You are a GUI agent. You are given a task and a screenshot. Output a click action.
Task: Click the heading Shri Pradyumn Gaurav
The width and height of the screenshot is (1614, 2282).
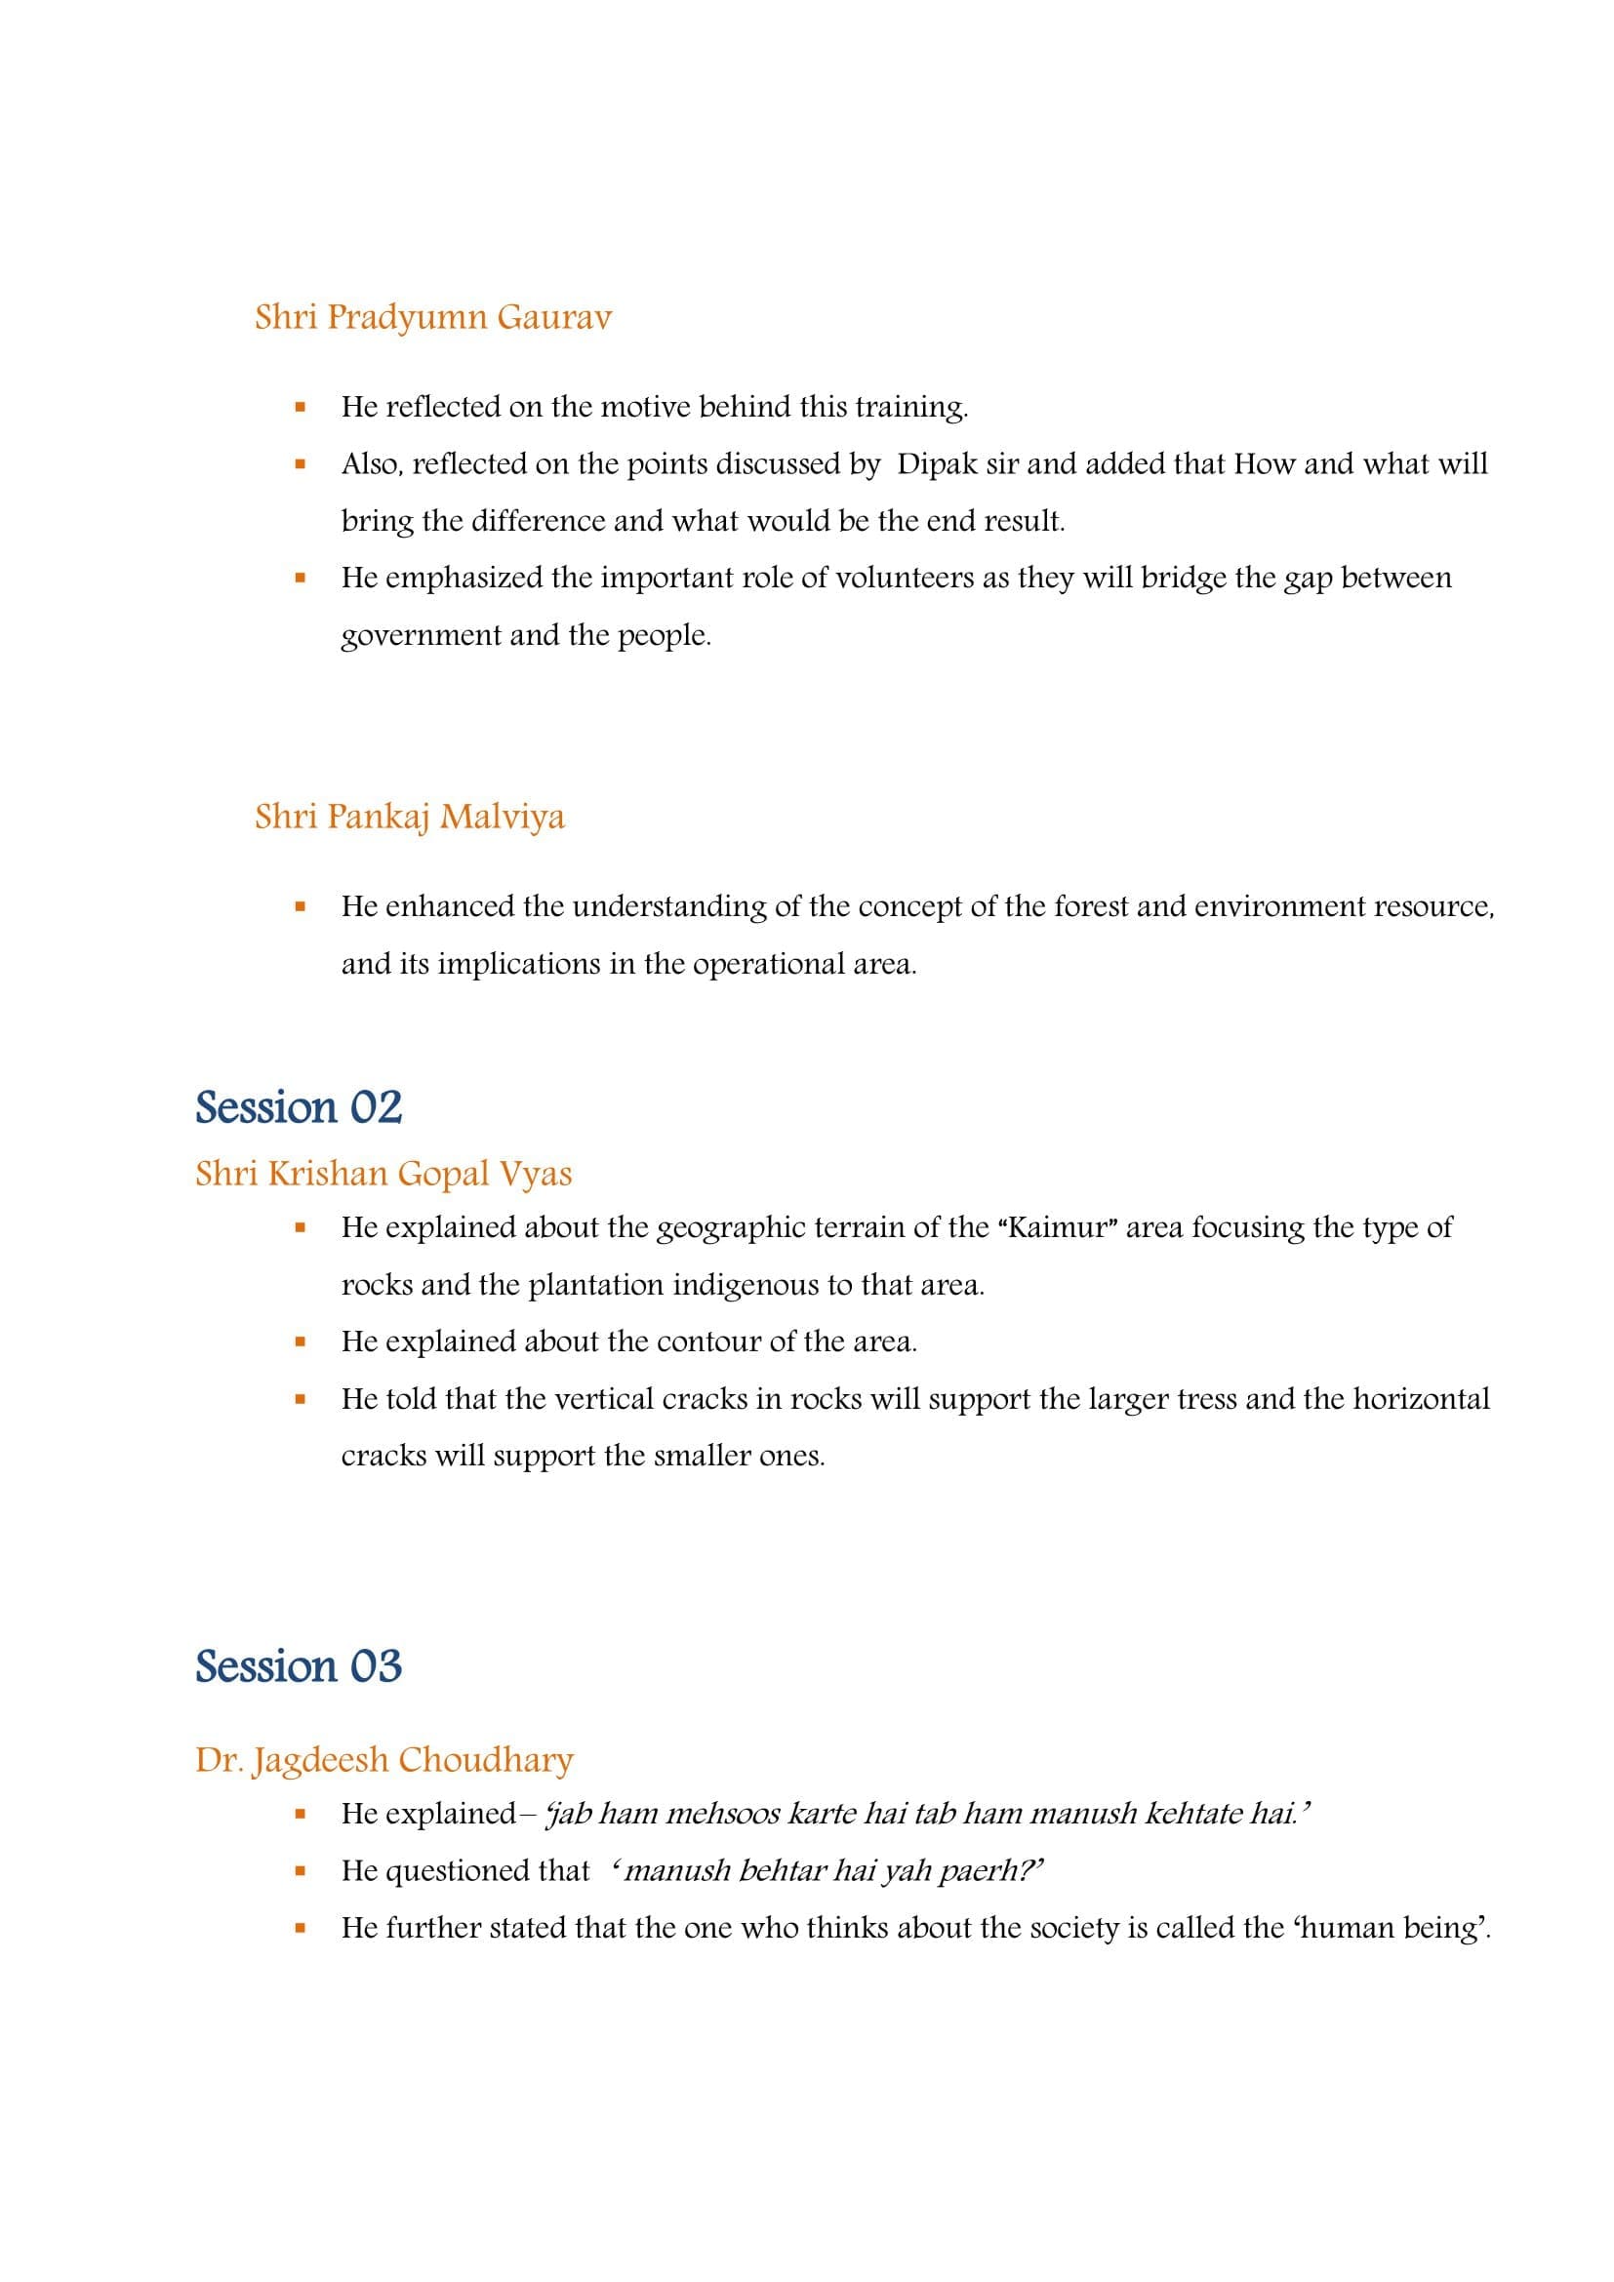432,317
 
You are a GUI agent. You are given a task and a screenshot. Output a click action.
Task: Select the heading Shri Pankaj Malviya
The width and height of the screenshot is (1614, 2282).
410,816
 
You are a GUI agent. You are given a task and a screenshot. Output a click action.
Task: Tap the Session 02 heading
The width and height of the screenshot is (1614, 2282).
299,1107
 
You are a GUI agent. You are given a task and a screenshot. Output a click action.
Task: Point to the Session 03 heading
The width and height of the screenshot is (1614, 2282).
299,1665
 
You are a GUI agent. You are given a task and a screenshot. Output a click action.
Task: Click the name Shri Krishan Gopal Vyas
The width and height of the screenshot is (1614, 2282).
383,1174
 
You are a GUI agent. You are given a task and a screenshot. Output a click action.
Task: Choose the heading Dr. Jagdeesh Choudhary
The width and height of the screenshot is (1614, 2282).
383,1760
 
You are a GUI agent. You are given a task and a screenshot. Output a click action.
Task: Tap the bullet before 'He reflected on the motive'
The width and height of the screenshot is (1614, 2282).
300,408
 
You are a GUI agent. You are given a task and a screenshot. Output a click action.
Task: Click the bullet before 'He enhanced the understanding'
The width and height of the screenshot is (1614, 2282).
300,907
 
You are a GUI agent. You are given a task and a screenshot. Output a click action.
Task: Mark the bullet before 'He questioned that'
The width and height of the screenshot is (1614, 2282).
300,1871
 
